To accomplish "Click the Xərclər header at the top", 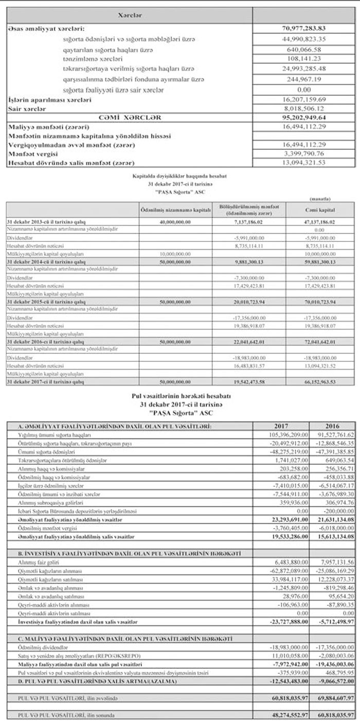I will point(130,15).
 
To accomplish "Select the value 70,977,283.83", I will point(304,28).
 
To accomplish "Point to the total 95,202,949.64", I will point(304,118).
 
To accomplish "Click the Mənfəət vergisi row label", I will point(32,154).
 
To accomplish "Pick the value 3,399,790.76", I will point(304,154).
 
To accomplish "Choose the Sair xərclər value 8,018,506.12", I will point(304,109).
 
